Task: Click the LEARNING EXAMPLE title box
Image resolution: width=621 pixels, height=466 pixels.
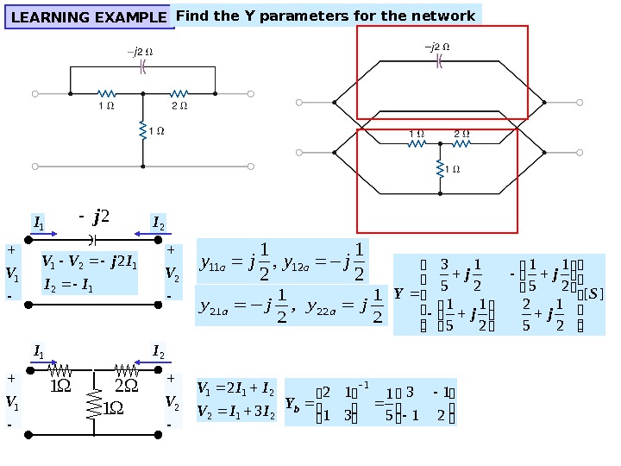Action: coord(90,17)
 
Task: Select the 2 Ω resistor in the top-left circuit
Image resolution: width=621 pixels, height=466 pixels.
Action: coord(179,93)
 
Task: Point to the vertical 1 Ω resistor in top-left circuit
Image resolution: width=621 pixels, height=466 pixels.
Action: coord(143,131)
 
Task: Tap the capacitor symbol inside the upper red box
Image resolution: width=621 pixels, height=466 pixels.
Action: coord(439,60)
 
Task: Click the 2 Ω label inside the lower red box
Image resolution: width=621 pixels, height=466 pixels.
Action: coord(461,133)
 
